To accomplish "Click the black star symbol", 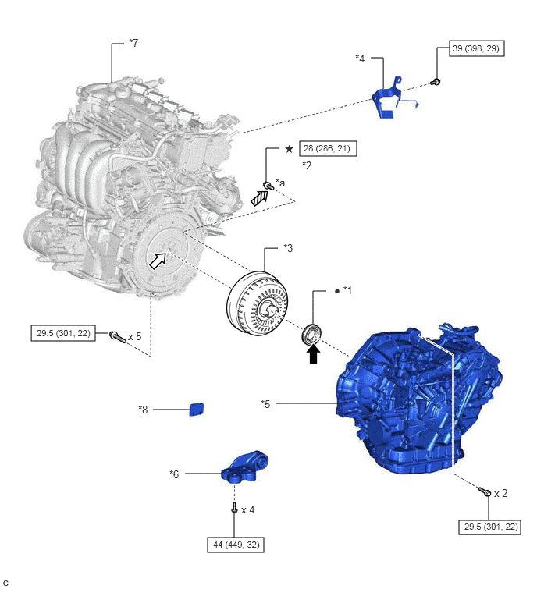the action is click(289, 149).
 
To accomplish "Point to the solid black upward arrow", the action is click(313, 354).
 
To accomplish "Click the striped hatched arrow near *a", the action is click(260, 198).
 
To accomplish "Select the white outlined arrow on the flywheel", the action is click(158, 261).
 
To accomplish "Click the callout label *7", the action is click(133, 43).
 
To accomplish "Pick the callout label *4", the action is click(360, 59).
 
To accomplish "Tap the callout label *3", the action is click(288, 248).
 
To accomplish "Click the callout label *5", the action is click(265, 404).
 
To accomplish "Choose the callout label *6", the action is click(174, 474).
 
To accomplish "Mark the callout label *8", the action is click(143, 410).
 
